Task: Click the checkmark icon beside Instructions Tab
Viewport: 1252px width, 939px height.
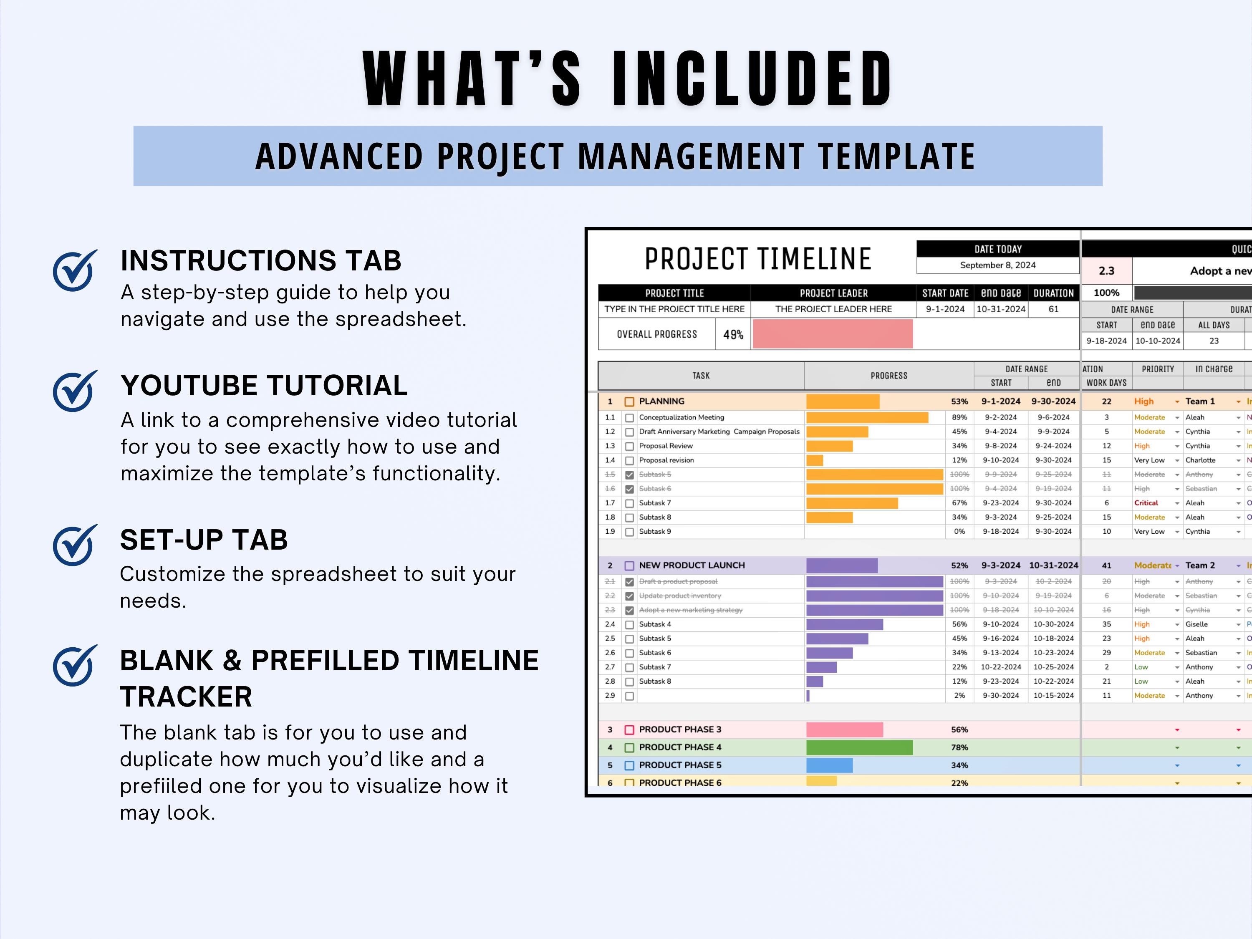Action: pos(74,270)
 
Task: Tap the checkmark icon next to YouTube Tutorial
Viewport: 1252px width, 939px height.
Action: pos(74,391)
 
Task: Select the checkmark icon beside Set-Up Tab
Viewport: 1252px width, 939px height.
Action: pos(74,545)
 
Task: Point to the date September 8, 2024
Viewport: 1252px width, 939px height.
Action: pos(997,265)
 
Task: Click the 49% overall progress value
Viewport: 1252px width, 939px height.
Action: pos(733,335)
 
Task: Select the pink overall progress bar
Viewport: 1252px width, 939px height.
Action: pos(832,334)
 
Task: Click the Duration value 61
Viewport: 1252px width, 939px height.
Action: pos(1053,309)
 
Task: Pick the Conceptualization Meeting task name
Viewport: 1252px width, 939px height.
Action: pos(682,417)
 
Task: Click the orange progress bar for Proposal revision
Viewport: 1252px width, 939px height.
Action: pos(815,460)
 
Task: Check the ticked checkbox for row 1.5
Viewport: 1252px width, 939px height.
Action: pos(629,475)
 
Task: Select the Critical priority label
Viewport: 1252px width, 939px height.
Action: pos(1146,502)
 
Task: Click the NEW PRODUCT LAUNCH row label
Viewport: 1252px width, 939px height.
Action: pos(692,565)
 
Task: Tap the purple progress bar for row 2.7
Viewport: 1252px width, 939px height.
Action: pos(821,667)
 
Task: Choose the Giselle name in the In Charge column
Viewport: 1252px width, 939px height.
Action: pos(1196,624)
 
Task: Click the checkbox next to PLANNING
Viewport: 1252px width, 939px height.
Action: pos(629,402)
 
